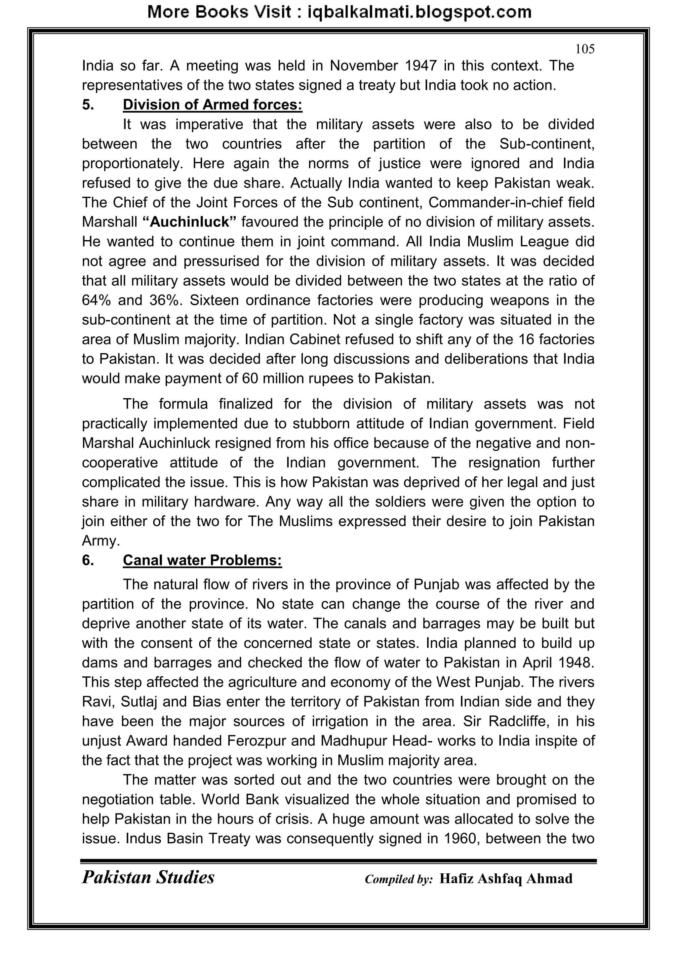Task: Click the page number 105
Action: coord(584,49)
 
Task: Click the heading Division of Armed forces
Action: coord(212,104)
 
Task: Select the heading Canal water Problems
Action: coord(202,560)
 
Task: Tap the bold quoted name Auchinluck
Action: coord(189,222)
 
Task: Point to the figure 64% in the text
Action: coord(96,300)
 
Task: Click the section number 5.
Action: coord(88,104)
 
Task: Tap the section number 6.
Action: coord(88,560)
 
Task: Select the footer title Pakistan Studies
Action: coord(148,877)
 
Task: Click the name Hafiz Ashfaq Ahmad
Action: coord(506,879)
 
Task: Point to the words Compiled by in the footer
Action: coord(399,879)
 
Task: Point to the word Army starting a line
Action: coord(100,541)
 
